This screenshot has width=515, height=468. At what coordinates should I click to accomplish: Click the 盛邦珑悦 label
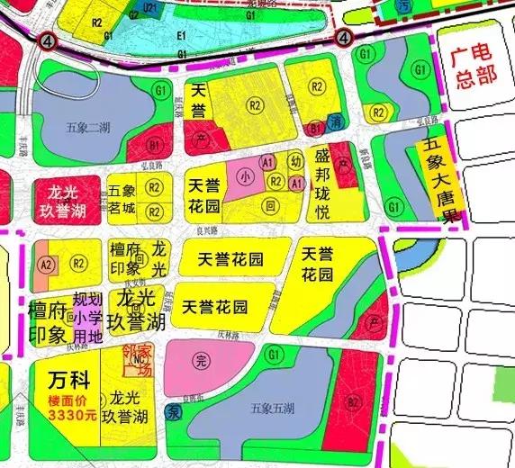[329, 184]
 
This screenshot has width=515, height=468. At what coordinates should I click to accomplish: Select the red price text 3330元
[68, 416]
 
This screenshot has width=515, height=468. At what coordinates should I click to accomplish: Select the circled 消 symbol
[336, 121]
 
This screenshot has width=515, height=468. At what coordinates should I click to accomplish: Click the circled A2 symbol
[47, 264]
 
